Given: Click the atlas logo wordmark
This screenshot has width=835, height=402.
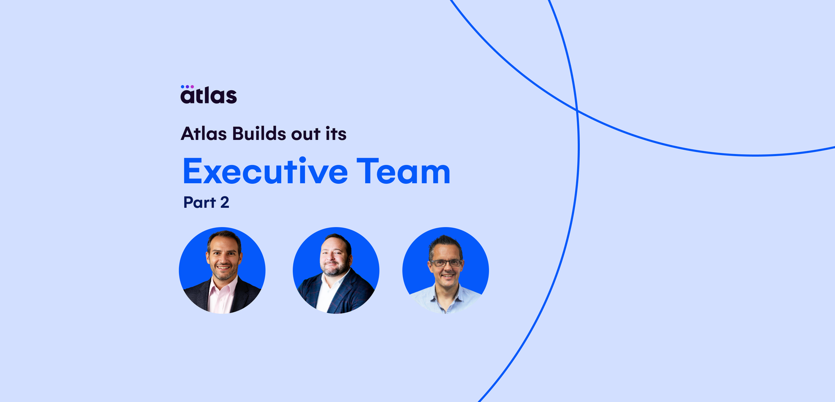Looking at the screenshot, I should (209, 96).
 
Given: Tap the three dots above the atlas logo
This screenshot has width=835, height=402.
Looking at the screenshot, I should (187, 87).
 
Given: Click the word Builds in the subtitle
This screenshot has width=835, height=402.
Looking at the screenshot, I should (259, 134).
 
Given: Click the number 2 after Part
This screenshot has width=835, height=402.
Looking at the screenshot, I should (224, 203).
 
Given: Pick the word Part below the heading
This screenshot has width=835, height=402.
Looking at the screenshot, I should (199, 203).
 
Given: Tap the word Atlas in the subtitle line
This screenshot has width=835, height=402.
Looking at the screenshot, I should (204, 134).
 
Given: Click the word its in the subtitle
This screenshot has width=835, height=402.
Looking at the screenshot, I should (336, 134).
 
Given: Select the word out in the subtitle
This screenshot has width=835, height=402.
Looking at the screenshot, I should (305, 135).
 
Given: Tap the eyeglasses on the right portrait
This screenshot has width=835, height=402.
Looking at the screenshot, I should (446, 263).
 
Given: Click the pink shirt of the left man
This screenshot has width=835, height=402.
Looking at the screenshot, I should (221, 297).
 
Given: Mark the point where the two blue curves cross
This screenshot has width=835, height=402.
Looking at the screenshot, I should (577, 110).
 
